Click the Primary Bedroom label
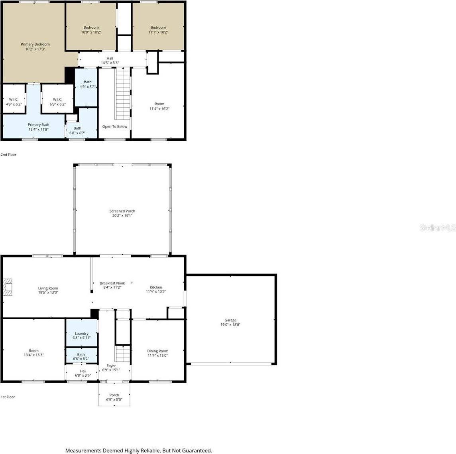35,44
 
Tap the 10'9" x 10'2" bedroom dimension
91,32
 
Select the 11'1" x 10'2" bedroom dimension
158,32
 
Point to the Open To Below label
115,127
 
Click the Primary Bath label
39,125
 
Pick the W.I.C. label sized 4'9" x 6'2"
14,99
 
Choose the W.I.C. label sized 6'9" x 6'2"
57,99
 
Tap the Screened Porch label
122,211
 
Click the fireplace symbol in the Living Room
8,287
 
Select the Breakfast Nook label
112,283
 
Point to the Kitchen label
156,287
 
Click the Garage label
230,320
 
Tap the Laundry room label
81,334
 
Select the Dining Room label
158,351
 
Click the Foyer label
111,366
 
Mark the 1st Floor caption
8,397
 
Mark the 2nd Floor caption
8,155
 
